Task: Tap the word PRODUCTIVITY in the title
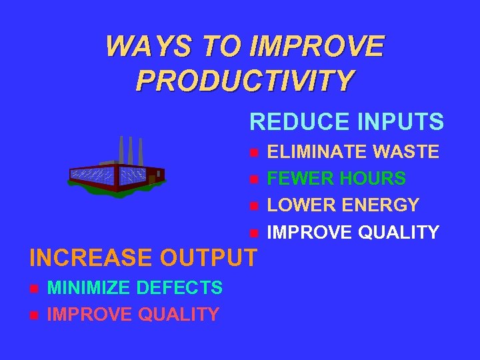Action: point(245,80)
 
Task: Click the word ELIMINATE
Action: point(317,153)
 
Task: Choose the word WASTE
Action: point(406,153)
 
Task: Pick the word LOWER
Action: point(299,205)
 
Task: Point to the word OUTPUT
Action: point(215,257)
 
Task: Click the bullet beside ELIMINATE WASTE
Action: point(253,153)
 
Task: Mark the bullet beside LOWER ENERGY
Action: point(253,206)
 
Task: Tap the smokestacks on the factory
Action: point(131,150)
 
